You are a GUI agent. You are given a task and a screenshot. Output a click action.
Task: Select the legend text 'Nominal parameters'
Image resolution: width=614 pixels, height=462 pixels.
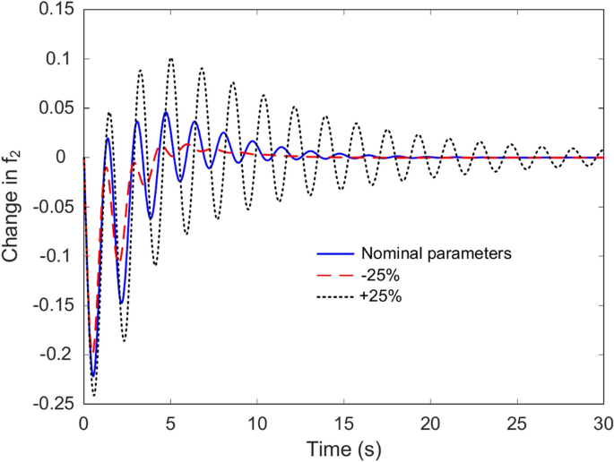(x=436, y=253)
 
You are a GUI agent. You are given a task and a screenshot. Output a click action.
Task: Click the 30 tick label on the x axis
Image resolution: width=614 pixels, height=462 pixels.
(x=604, y=422)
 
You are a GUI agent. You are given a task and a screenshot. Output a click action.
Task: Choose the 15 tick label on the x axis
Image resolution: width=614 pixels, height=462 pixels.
(x=344, y=422)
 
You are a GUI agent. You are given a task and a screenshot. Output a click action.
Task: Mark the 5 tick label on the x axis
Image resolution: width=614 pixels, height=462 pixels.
(x=170, y=422)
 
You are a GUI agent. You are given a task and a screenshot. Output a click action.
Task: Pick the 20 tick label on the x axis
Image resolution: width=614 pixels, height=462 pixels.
(x=431, y=422)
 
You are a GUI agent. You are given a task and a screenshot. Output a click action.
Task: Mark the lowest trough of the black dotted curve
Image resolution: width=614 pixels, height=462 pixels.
(x=94, y=395)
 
